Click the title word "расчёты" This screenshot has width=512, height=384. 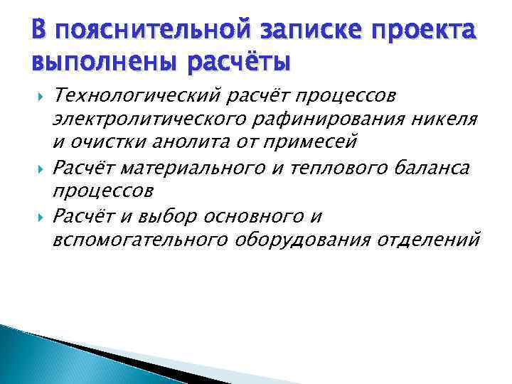click(x=238, y=62)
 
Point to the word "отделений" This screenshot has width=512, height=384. click(x=428, y=239)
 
